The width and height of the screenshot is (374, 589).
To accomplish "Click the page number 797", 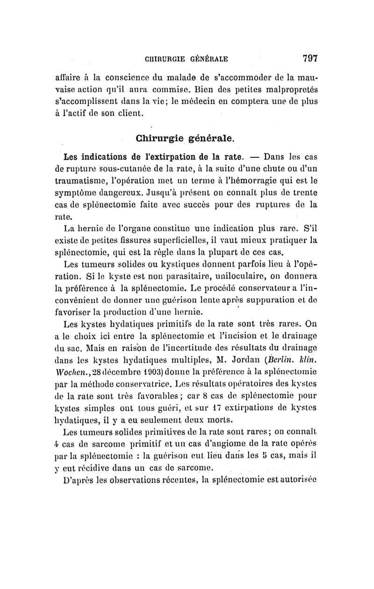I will (x=310, y=58).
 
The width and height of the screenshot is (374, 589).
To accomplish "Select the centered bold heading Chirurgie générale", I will (x=185, y=139).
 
